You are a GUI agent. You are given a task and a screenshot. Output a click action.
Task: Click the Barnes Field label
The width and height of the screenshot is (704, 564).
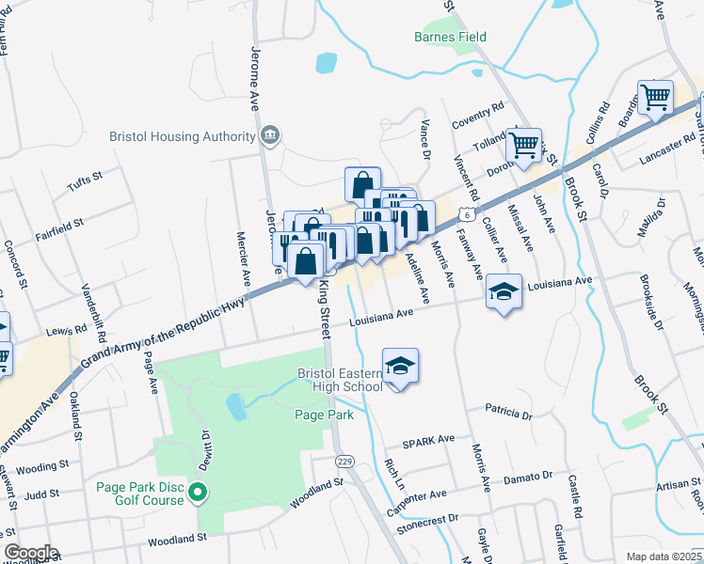[450, 37]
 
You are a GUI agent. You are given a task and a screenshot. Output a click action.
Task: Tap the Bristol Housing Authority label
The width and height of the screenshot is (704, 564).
[183, 136]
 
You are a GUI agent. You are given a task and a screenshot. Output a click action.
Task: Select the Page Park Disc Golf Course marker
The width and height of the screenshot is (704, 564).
[198, 493]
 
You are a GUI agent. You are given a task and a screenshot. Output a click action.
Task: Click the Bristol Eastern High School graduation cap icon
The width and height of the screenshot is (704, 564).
[400, 364]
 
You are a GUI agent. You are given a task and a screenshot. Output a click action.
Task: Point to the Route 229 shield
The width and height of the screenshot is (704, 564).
[344, 462]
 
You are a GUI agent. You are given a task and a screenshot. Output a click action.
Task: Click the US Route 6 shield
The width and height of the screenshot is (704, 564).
[466, 215]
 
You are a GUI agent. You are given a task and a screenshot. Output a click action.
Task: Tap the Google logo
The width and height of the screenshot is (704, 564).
[30, 553]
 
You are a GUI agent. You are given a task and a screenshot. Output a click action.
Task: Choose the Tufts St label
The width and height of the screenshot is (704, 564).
[85, 179]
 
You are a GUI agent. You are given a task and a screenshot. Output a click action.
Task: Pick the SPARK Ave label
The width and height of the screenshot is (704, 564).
[428, 439]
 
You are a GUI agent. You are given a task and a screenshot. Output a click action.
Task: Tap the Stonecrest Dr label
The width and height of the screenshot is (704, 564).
[426, 517]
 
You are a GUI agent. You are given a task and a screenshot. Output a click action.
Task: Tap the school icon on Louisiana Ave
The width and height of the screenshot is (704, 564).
[504, 292]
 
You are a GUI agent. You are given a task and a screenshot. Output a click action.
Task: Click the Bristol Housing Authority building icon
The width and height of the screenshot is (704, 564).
[271, 136]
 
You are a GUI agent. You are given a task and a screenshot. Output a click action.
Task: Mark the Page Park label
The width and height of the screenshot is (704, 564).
[323, 415]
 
